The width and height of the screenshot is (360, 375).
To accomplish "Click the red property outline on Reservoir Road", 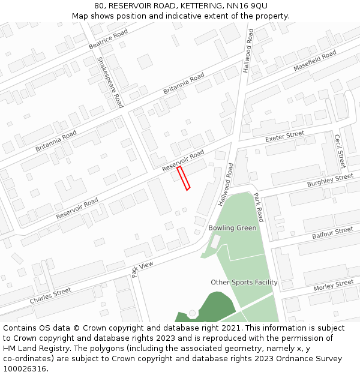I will (184, 178).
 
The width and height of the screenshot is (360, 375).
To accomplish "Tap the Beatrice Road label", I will (108, 38).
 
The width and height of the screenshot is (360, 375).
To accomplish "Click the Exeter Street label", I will (285, 138).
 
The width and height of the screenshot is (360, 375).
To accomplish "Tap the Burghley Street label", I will (330, 180).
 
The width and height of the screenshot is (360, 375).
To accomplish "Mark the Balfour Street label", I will (332, 233).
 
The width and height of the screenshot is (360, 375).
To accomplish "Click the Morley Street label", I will (334, 286).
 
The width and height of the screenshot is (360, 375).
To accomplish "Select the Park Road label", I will (258, 207).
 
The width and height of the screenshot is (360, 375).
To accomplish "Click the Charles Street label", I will (50, 295).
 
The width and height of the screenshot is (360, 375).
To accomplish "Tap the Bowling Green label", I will (232, 228).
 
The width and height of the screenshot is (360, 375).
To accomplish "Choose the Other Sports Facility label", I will (244, 282).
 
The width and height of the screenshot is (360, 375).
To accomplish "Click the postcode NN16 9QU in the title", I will (251, 6).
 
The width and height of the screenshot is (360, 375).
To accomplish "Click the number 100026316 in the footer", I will (25, 369).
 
